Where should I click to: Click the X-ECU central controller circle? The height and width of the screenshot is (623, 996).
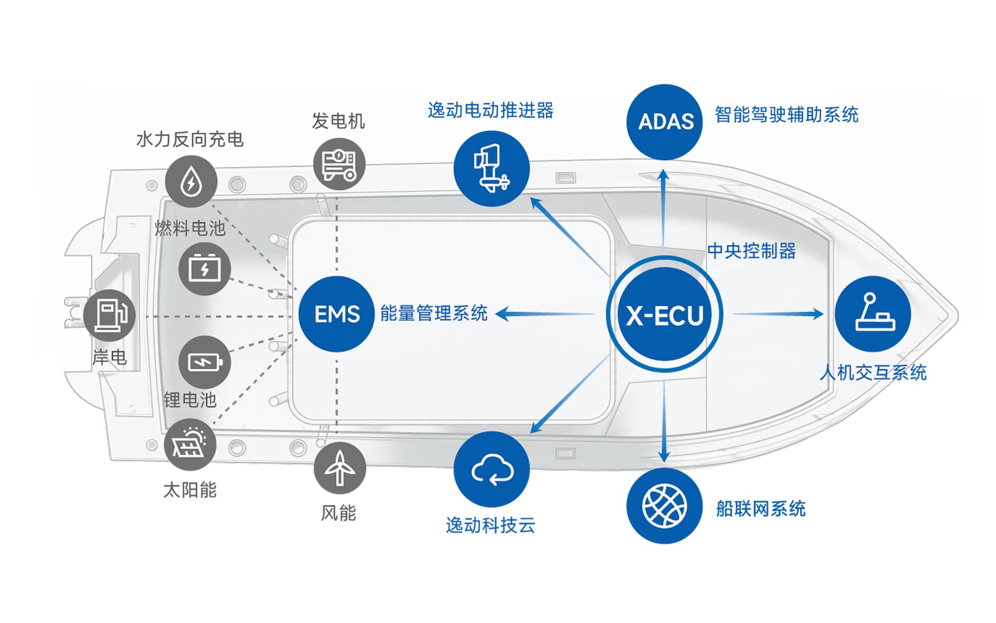(665, 314)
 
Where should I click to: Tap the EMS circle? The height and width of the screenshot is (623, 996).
(337, 314)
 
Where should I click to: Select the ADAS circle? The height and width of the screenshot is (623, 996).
(665, 122)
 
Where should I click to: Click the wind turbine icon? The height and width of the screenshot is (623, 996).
(339, 468)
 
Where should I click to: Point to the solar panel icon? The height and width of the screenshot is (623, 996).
(190, 445)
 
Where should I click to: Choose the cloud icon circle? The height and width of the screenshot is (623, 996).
(492, 469)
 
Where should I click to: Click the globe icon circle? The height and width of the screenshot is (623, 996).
(665, 506)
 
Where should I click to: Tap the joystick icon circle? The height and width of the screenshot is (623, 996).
(873, 314)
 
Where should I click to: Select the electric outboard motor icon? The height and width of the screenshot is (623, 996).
(492, 169)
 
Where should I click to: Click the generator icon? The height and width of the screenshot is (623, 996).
(339, 164)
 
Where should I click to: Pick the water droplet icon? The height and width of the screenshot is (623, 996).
(191, 182)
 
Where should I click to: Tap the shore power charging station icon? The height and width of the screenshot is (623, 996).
(109, 315)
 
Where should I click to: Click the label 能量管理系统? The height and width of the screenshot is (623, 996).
(434, 313)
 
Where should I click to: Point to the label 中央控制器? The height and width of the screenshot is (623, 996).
(751, 251)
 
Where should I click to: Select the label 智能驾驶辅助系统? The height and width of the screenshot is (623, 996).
(786, 114)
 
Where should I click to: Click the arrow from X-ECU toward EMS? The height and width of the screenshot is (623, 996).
(544, 314)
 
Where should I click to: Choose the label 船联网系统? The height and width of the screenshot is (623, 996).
(761, 509)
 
